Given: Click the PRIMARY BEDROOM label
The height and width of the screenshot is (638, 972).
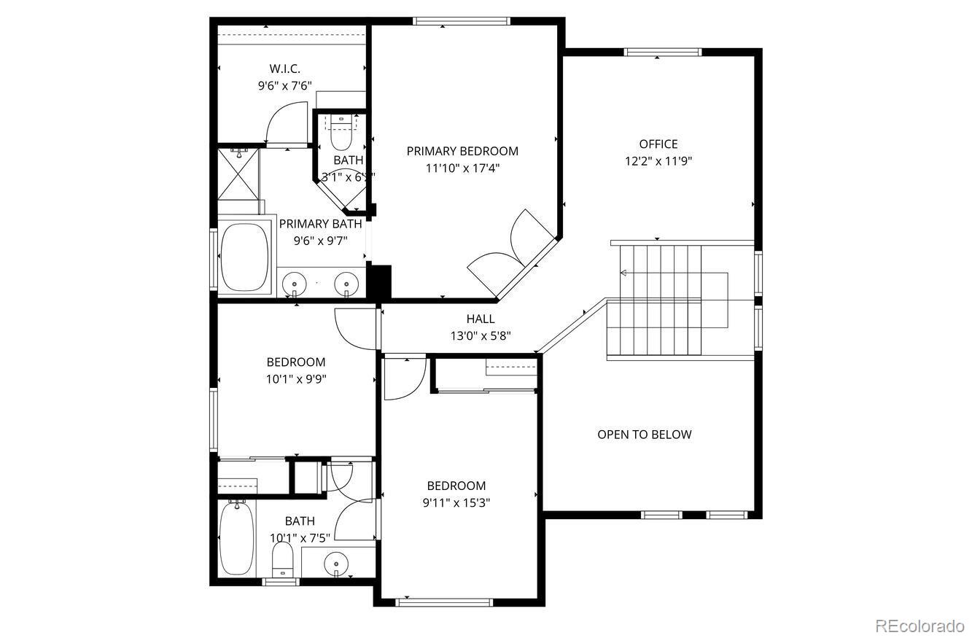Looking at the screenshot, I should click(x=462, y=151).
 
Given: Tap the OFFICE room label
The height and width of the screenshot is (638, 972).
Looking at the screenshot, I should click(x=658, y=144).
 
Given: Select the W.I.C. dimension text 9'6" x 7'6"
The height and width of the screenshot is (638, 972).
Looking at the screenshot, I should click(x=284, y=85).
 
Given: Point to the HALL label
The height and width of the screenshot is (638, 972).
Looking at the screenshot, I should click(x=481, y=319).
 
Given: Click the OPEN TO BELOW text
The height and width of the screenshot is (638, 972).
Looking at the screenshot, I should click(x=645, y=435).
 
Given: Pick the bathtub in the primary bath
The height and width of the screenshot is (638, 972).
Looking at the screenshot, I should click(x=244, y=257).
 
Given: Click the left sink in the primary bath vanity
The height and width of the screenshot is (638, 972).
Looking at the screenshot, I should click(x=295, y=281).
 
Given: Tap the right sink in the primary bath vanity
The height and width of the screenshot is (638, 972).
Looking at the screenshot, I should click(x=346, y=281).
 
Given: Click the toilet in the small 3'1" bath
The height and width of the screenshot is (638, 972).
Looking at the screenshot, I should click(x=341, y=132).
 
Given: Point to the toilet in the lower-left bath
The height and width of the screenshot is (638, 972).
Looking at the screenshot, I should click(x=282, y=560).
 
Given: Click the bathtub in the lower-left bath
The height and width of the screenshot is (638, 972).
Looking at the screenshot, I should click(x=236, y=538).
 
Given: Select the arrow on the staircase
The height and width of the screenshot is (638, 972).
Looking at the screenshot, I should click(x=624, y=273).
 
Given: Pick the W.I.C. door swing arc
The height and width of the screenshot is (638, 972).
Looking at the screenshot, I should click(x=287, y=122).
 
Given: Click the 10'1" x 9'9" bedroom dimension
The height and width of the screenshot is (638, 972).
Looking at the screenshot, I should click(x=296, y=378).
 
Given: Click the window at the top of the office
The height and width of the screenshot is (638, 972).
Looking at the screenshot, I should click(x=663, y=52).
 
